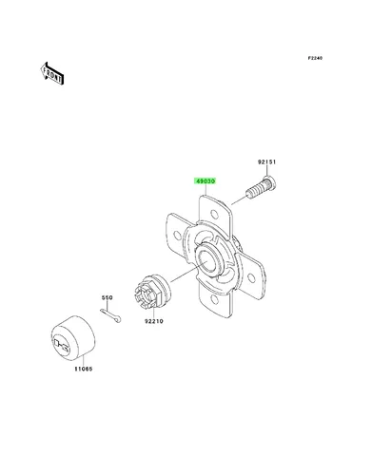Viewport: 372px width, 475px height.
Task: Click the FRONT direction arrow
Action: (52, 73)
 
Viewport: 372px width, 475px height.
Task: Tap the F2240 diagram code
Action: (315, 58)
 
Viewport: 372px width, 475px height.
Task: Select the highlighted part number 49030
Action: (206, 181)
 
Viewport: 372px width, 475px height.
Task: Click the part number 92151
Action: (266, 161)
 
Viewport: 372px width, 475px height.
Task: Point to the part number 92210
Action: (154, 321)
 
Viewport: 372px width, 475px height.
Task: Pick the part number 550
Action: (107, 297)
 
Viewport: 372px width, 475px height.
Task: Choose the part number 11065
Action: (84, 369)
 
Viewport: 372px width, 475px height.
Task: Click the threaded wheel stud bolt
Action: (262, 188)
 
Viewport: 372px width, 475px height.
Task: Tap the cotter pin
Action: (110, 315)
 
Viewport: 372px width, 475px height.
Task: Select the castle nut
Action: (150, 292)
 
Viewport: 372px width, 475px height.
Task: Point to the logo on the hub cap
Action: (62, 345)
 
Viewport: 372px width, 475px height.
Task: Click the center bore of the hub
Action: (207, 260)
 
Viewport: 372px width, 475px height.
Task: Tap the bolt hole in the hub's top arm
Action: (214, 215)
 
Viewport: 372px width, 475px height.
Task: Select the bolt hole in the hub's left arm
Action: (176, 235)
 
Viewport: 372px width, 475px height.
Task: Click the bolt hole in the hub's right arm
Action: (251, 278)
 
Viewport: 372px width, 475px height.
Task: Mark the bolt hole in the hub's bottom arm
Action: (214, 299)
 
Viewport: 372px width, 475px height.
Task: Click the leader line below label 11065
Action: (84, 361)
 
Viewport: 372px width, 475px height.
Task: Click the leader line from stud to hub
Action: (239, 200)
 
